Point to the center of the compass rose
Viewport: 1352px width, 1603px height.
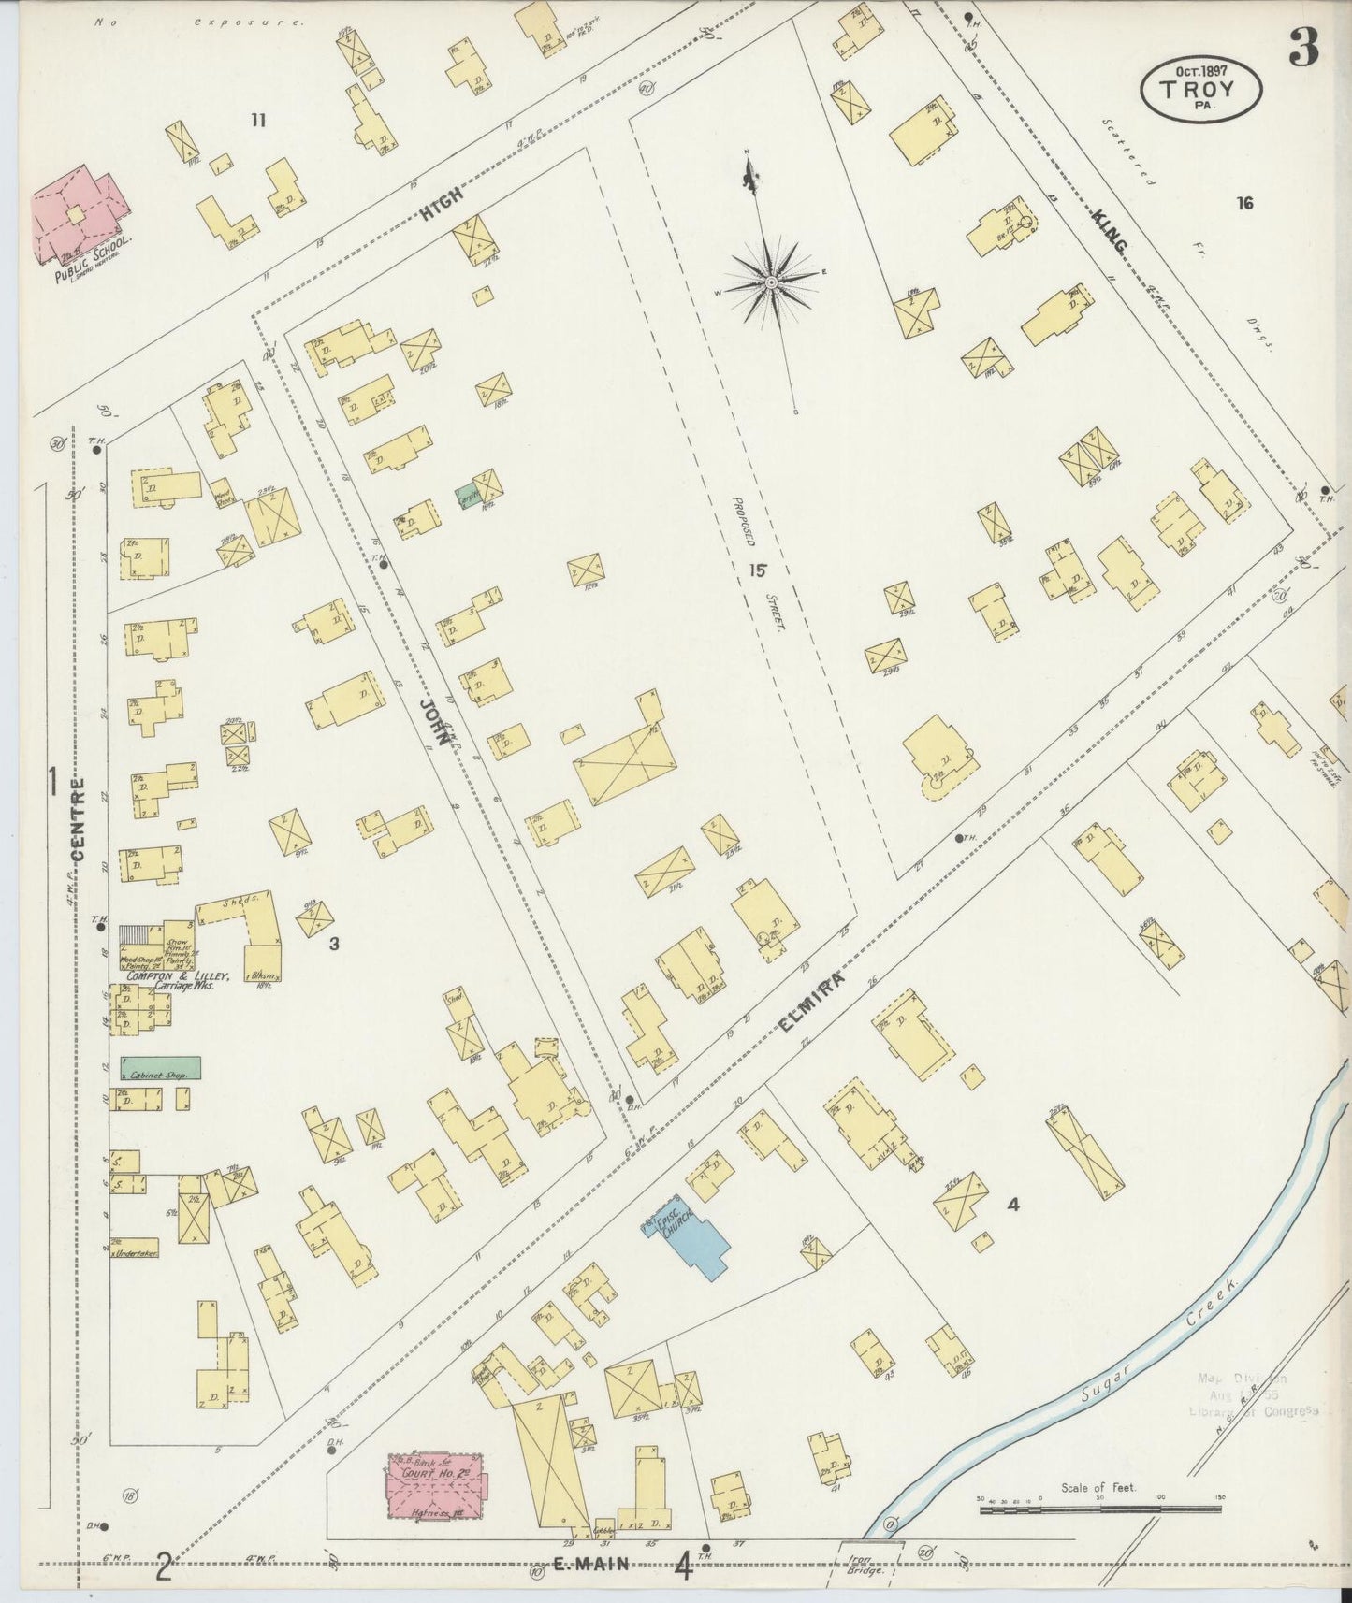[770, 282]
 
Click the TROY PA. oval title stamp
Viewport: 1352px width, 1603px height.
[1200, 90]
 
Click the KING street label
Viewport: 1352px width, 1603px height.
[1110, 229]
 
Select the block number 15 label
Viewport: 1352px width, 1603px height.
[757, 570]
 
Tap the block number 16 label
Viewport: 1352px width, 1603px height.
[1243, 203]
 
